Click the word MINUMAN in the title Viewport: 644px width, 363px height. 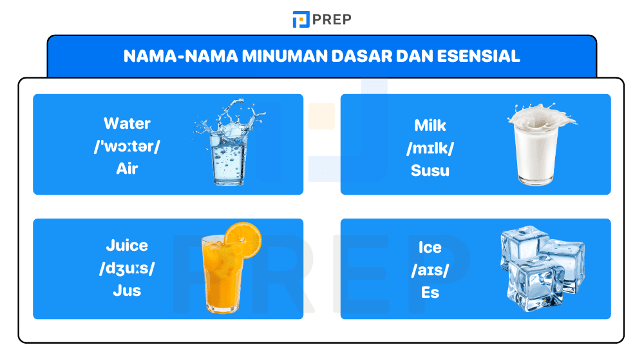(x=283, y=56)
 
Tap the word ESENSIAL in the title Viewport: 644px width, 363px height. (x=478, y=56)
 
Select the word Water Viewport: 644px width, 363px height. (x=127, y=123)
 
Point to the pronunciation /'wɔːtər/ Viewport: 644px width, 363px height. (x=127, y=146)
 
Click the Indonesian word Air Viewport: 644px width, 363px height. (x=127, y=169)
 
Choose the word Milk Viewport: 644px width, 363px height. (x=430, y=125)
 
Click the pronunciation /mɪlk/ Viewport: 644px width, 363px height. (x=430, y=148)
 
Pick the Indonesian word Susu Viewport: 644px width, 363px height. (x=430, y=171)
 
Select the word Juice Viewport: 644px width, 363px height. (x=127, y=246)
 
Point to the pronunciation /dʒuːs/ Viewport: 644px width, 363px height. (x=127, y=268)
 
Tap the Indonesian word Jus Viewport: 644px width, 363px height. (x=127, y=291)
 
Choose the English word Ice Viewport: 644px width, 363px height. (x=430, y=248)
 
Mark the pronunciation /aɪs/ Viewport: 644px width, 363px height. (x=430, y=270)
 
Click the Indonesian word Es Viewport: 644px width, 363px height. (x=430, y=293)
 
